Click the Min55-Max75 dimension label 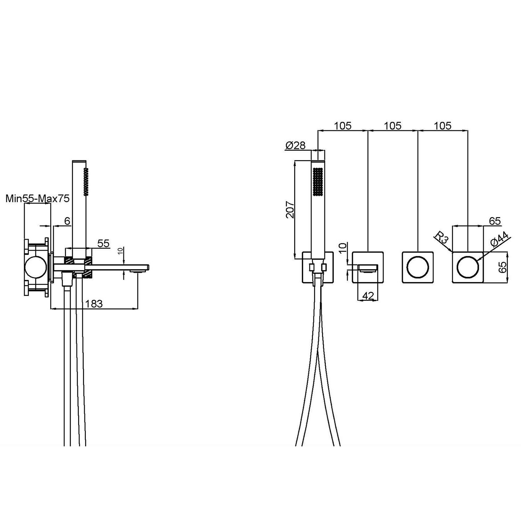point(38,199)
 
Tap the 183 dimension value point(94,304)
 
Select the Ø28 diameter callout point(295,146)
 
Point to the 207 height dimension point(290,209)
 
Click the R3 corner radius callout point(442,239)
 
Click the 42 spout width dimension point(368,296)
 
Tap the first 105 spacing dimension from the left point(343,126)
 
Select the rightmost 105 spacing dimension point(443,126)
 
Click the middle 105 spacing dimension point(393,126)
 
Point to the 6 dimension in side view point(67,221)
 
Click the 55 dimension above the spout point(103,243)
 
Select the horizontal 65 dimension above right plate point(494,221)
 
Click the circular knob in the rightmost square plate point(468,267)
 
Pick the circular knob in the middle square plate point(417,267)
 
